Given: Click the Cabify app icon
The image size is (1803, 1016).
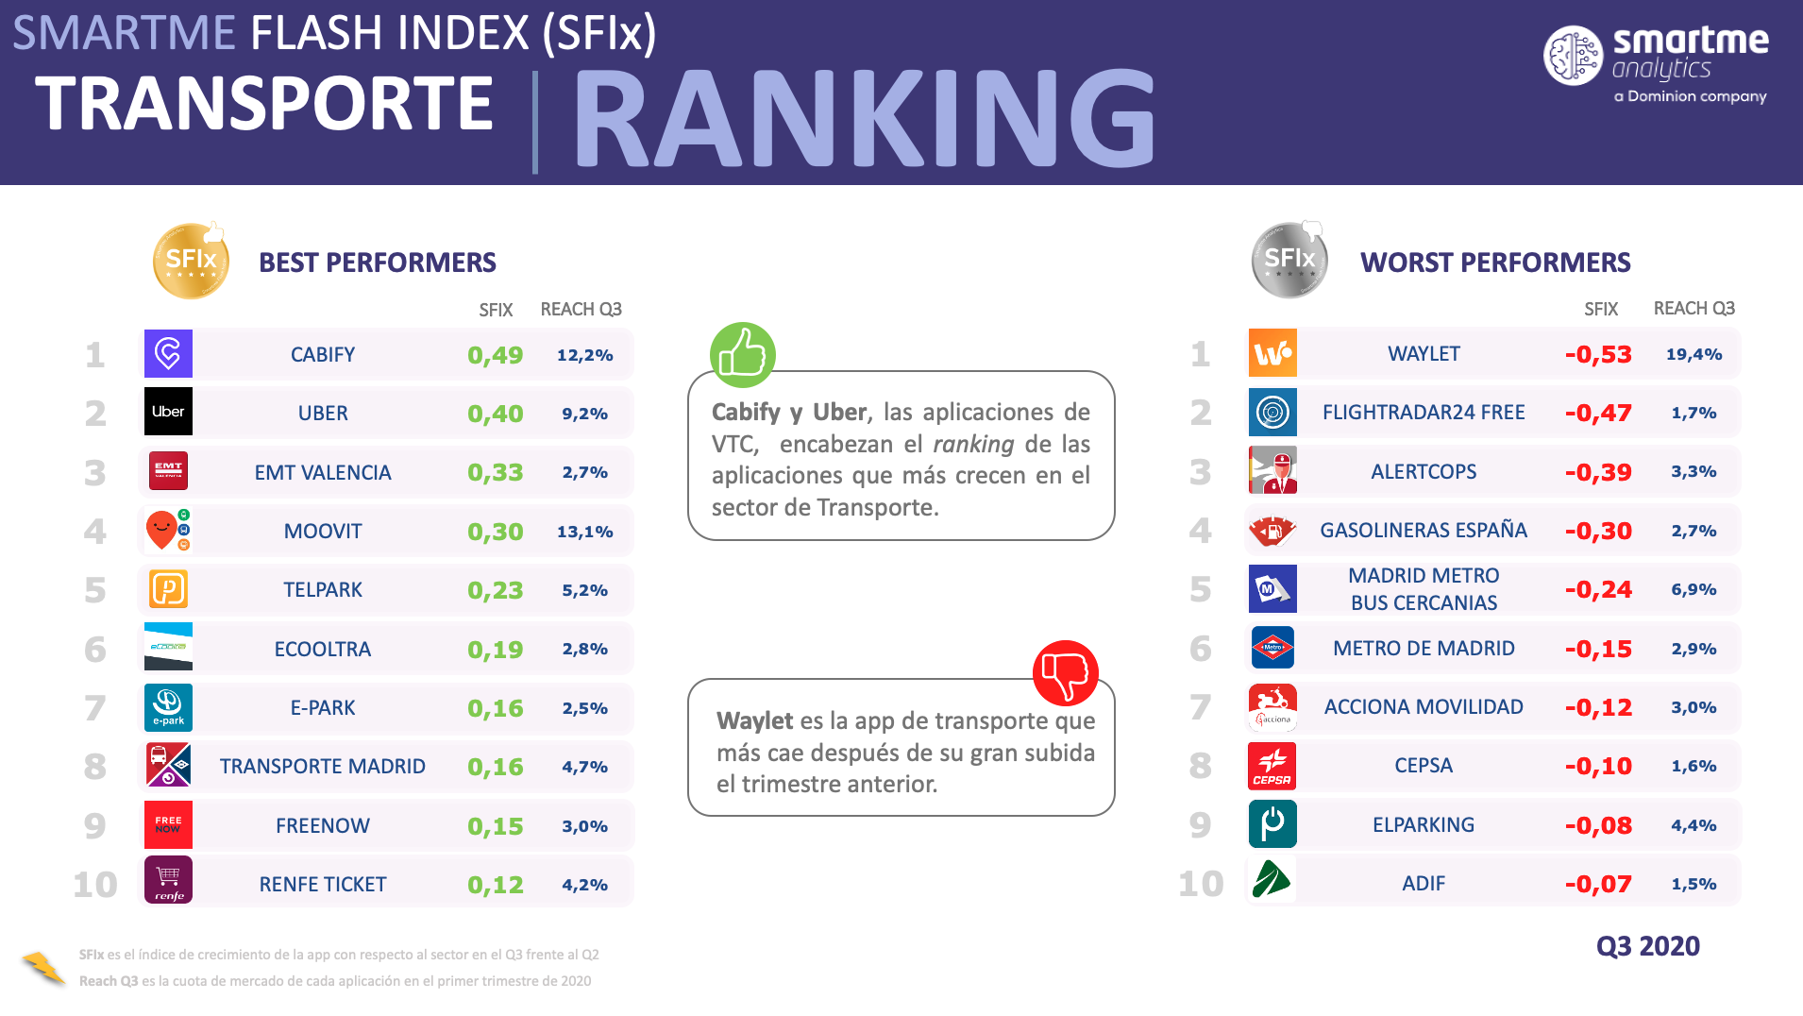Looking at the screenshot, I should (168, 354).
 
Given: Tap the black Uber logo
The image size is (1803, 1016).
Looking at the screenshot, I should (168, 412).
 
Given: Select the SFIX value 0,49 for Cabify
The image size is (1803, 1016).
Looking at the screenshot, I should (495, 355).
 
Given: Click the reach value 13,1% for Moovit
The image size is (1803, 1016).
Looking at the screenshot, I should (584, 532).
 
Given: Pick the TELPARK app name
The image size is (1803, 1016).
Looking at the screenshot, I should (323, 590).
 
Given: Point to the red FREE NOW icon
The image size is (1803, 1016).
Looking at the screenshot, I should (168, 824).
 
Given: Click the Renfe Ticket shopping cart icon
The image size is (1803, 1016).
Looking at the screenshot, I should (168, 880).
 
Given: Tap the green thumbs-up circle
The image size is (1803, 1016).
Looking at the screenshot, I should (743, 355).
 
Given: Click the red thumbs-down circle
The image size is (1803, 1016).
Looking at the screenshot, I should (1066, 673).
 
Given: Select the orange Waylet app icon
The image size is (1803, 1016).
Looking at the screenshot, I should (1272, 353).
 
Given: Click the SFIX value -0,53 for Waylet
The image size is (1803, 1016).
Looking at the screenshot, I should (1598, 354).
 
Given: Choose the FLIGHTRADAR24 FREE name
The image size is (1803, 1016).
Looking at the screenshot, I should (1424, 413).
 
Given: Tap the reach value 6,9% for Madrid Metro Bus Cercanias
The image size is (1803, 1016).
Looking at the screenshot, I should (1693, 589).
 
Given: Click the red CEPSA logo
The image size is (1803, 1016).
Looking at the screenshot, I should (1272, 766).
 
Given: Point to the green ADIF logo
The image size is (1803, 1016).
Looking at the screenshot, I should (1272, 880).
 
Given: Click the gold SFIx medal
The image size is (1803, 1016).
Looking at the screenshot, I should (191, 261).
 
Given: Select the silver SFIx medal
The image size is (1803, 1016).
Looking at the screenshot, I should (1289, 260).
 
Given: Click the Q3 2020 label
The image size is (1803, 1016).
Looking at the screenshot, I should (1647, 946).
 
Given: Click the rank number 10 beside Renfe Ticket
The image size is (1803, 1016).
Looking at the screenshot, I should (95, 885).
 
